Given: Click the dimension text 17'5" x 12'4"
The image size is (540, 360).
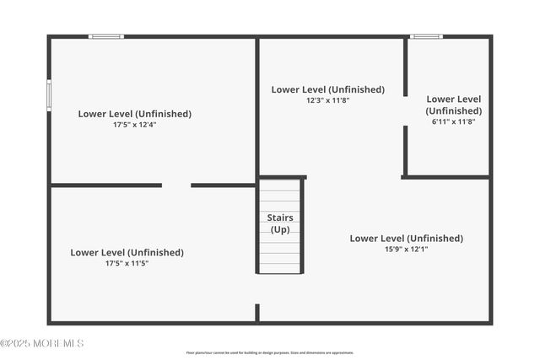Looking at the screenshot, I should coord(135,125).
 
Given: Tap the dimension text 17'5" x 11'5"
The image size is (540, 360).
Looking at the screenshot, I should coord(127,263).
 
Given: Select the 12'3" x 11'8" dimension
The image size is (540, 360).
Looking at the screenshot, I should coord(327,100).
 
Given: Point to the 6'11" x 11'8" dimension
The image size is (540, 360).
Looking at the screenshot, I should coord(453,121).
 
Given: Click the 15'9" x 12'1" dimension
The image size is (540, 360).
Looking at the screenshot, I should coord(406,249).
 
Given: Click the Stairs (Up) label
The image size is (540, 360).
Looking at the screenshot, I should coord(280,223).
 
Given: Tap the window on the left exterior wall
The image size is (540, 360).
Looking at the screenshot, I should coord(49,94).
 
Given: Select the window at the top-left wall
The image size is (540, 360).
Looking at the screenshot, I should coord(106,36).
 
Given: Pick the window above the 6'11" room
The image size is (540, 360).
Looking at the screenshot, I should coord(426,36).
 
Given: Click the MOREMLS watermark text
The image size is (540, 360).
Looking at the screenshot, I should coord(42,343).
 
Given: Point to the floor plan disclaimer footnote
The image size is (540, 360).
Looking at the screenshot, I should coord(270,352).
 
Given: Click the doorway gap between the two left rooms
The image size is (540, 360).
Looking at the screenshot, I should coord(176,185).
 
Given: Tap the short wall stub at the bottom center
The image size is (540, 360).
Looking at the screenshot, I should coord(257,313).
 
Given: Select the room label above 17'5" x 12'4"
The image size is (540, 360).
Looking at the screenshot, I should coord(135,114).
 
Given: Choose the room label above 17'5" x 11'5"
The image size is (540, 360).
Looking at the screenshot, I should coord(127,252).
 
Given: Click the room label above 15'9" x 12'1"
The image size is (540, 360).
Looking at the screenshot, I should coord(406,238).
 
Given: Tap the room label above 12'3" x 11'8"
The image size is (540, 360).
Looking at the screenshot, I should coord(327,89).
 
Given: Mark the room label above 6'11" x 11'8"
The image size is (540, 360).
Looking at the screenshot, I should coord(453,105).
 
